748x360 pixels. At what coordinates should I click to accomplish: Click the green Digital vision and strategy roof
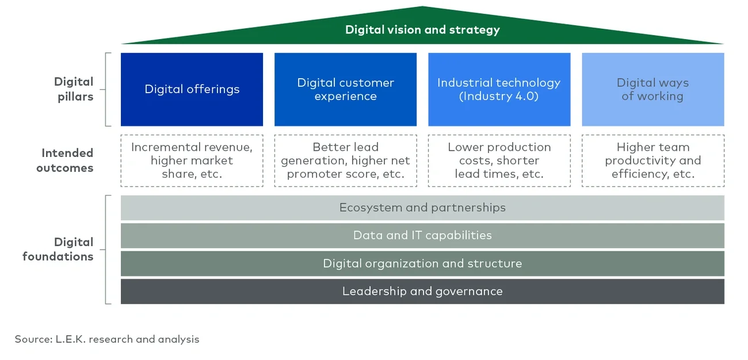422,29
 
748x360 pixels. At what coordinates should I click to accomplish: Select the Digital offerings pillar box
192,89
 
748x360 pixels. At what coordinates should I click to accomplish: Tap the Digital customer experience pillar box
345,89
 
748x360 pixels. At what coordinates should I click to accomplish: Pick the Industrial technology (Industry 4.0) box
499,89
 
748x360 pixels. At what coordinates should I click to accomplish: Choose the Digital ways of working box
652,89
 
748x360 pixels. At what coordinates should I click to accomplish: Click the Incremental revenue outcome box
192,160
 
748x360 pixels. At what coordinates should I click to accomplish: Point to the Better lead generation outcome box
345,160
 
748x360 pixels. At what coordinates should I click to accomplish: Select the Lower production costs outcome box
499,160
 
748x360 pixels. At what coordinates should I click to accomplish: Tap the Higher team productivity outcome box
652,160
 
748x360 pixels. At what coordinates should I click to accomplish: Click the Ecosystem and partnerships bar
422,208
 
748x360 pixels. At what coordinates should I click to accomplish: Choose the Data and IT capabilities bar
422,235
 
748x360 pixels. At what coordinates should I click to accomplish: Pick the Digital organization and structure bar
422,263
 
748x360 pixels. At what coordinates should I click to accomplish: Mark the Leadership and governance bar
422,291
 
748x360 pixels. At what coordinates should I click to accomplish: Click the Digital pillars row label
74,89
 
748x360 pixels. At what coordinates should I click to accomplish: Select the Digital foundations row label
58,249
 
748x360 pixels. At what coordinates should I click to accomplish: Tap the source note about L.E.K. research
107,339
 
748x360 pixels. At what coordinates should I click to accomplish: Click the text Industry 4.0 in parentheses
499,97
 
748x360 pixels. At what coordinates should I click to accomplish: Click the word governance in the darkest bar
470,292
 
